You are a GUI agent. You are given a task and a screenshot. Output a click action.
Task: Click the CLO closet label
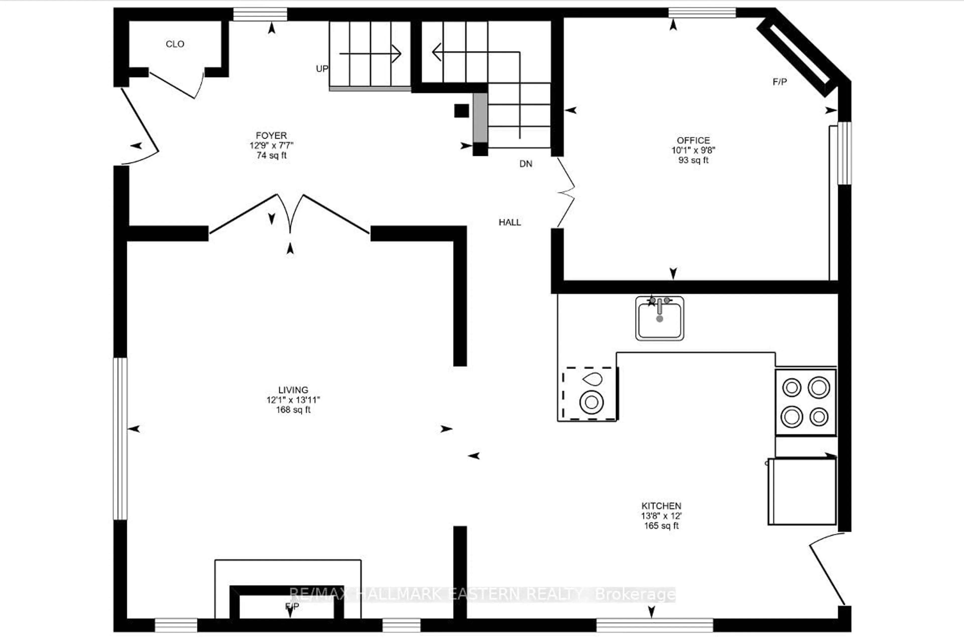[x=175, y=44]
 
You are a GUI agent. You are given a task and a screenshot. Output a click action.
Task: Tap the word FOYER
[x=271, y=135]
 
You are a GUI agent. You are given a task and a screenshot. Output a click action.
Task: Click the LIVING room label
[x=293, y=390]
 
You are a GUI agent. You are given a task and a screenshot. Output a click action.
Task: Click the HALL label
[x=510, y=222]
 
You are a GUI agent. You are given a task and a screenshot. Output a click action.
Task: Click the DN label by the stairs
[x=526, y=164]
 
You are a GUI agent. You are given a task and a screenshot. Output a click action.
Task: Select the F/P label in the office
[x=779, y=82]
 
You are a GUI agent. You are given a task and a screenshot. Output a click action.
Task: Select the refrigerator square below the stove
[x=802, y=491]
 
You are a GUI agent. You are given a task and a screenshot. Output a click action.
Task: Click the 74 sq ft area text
[x=271, y=156]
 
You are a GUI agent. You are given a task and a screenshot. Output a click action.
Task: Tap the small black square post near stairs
[x=461, y=111]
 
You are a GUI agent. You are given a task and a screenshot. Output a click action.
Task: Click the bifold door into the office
[x=566, y=192]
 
